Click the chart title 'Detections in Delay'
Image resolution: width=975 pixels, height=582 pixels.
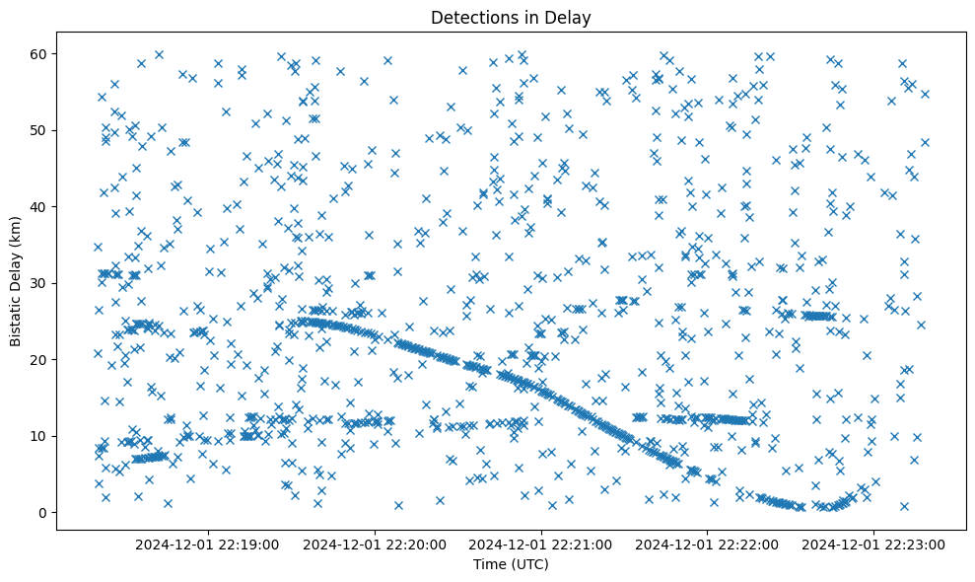511,18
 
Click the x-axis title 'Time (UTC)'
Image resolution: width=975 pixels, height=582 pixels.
511,564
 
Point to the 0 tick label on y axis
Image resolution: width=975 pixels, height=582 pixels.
44,512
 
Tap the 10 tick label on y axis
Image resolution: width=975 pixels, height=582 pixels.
40,436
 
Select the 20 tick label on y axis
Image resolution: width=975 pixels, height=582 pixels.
40,359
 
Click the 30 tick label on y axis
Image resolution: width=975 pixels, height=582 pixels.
40,283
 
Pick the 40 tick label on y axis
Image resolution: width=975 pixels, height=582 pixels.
40,206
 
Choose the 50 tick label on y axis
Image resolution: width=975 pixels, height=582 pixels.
40,130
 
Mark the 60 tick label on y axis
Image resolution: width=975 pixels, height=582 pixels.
40,53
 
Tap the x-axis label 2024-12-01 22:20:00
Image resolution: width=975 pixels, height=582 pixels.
376,544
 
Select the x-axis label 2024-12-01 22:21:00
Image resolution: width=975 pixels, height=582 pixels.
541,544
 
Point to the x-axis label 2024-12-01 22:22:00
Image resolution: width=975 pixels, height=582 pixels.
707,544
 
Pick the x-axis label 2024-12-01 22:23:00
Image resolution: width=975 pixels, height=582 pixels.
873,544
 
